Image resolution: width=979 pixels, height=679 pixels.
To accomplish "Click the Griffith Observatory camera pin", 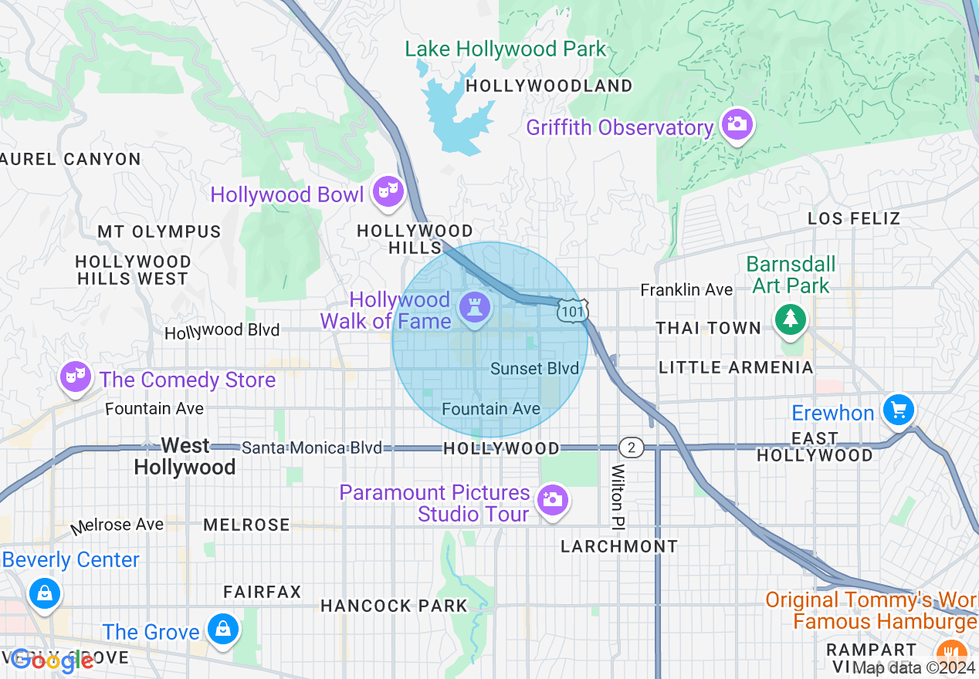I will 737,123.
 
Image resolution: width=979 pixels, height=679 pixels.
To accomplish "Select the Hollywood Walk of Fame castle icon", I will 475,308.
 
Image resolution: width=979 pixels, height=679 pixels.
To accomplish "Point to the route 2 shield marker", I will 631,448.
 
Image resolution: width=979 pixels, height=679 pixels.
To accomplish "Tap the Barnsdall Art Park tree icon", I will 789,319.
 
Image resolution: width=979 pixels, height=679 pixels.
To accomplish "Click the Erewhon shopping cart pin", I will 898,410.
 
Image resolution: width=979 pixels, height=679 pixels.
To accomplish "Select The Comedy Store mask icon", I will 75,377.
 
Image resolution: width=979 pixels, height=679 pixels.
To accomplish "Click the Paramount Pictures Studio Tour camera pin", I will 552,500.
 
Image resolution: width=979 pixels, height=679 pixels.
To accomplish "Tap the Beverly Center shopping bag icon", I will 45,593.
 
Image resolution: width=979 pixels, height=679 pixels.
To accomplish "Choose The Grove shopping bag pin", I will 223,629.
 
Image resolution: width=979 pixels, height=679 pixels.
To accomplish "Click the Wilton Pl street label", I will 618,496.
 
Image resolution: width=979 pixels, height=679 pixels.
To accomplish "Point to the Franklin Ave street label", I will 686,290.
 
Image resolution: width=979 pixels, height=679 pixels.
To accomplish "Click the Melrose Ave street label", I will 117,525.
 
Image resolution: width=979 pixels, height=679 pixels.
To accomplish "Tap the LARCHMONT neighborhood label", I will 619,546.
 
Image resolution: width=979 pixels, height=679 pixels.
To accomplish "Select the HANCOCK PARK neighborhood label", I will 394,606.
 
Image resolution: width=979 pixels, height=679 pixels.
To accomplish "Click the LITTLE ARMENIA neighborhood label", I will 736,367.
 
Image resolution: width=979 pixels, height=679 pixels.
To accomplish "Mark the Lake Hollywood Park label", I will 506,49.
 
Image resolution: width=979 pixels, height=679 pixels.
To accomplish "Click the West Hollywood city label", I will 185,457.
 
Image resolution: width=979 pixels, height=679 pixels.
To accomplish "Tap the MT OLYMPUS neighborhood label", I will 159,231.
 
